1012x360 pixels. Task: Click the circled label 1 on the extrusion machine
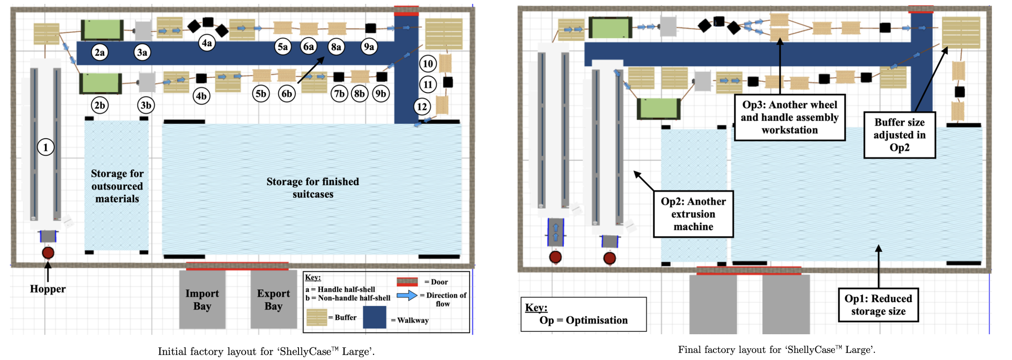coord(46,147)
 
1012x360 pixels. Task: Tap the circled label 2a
coord(99,52)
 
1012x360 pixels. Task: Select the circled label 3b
coord(146,105)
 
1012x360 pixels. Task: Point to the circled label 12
coord(422,107)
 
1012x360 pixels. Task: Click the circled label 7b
coord(339,94)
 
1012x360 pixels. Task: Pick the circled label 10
coord(428,64)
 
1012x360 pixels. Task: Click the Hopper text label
coord(47,289)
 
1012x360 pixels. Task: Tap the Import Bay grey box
coord(202,300)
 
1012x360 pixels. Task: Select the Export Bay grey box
coord(273,300)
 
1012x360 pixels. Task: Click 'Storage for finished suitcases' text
coord(313,188)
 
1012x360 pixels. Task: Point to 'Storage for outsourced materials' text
coord(117,186)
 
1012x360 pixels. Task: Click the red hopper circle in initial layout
coord(48,253)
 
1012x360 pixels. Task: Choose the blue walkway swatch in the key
coord(374,318)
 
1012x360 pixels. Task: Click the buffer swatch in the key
coord(316,318)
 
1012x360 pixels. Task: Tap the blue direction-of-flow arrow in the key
coord(407,296)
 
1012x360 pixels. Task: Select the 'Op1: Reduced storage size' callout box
coord(878,305)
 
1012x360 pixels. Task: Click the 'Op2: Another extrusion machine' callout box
coord(693,214)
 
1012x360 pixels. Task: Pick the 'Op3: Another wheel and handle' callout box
coord(789,117)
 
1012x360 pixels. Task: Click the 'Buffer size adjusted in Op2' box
coord(899,135)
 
